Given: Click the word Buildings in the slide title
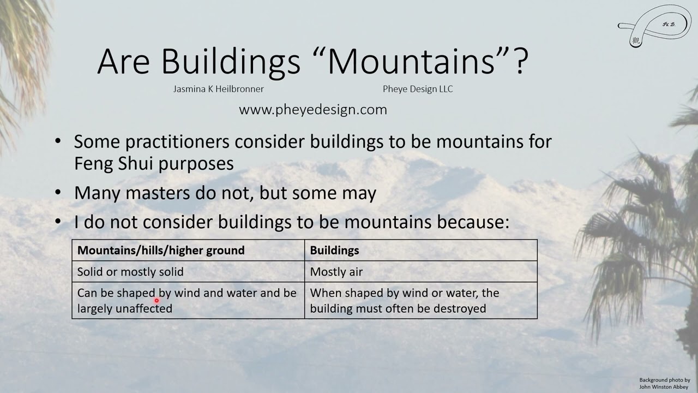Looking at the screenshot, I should (231, 61).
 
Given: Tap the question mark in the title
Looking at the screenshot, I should (520, 61).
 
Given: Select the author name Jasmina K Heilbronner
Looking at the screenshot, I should (218, 89).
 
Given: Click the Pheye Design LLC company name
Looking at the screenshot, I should (418, 89).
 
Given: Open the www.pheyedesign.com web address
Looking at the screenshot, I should (313, 110).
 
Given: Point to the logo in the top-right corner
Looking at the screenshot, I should (654, 26).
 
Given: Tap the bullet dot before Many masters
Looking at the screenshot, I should (58, 193).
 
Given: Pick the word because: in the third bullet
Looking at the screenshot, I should (474, 222).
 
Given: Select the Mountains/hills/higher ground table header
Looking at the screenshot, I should (161, 251).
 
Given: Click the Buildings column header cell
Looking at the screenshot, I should (334, 251).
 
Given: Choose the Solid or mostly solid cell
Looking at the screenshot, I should (130, 272).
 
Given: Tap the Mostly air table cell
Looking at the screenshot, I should (336, 272).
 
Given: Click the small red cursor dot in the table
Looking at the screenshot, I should (157, 300).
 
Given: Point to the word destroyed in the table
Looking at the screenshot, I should (459, 308).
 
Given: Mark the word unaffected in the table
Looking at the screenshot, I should (143, 308).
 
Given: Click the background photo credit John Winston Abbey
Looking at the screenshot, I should (664, 386).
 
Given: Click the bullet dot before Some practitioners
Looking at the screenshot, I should (58, 141).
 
